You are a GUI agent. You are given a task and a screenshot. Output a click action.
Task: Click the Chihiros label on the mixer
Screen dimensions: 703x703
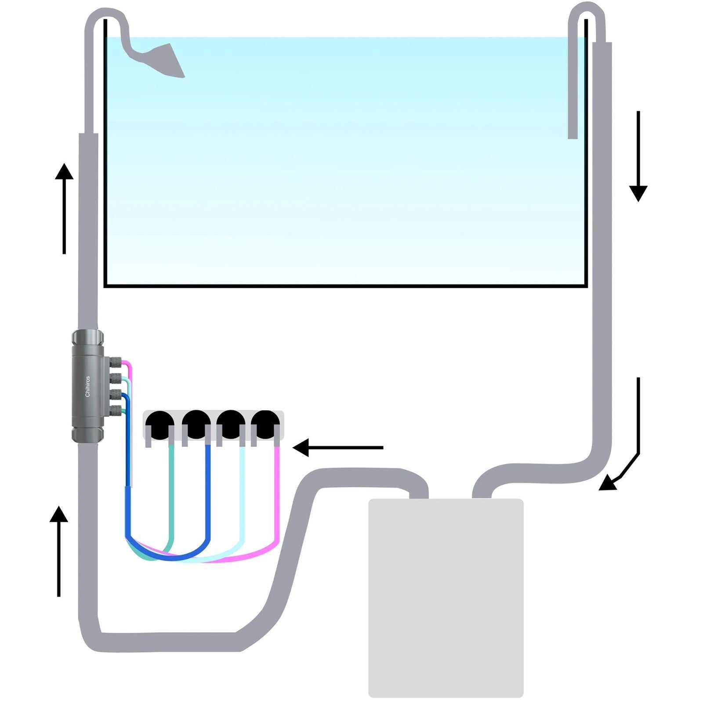87,386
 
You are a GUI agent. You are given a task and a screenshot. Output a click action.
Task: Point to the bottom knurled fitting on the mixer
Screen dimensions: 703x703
115,411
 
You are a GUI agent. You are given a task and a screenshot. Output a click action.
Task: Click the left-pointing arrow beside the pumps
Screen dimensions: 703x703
338,448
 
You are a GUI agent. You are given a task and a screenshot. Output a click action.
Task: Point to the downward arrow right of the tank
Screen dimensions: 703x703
638,156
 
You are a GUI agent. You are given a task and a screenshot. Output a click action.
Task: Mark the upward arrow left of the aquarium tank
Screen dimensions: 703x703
64,208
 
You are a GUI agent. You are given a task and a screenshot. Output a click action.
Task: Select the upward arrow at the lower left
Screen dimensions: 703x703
58,551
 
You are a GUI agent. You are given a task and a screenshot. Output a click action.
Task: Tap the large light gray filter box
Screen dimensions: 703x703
446,598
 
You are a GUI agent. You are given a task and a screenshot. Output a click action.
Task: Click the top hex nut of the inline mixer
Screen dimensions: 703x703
88,337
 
